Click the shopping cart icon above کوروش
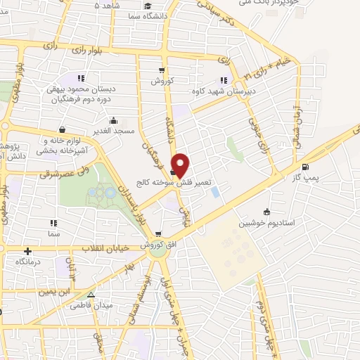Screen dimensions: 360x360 [162, 70]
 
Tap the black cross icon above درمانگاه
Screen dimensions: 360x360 [28, 251]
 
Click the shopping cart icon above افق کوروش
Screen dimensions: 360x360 [159, 234]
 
